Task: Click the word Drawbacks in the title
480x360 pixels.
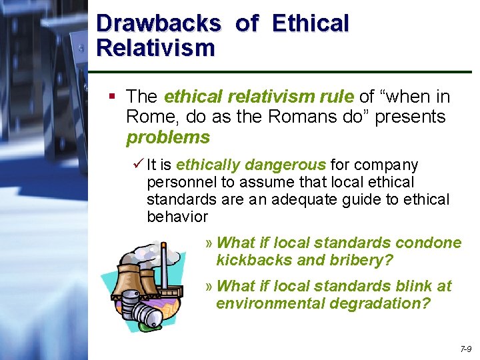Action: [x=158, y=23]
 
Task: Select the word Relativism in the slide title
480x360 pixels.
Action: [x=155, y=48]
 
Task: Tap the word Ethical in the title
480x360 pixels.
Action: [x=310, y=23]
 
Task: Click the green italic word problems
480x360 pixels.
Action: [x=168, y=138]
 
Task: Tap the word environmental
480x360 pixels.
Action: [x=269, y=304]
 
